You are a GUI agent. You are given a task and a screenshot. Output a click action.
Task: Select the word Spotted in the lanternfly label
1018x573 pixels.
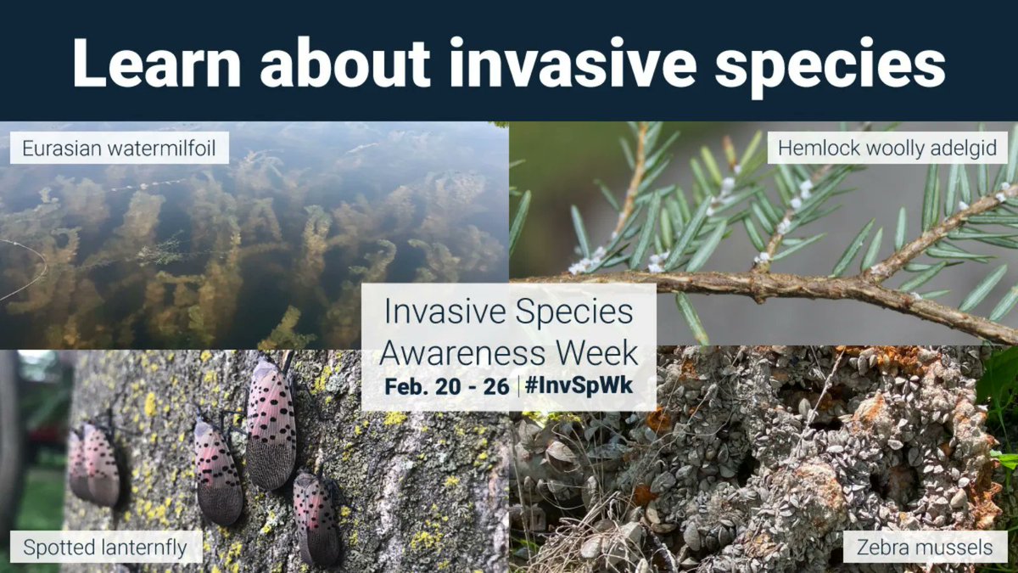click(53, 548)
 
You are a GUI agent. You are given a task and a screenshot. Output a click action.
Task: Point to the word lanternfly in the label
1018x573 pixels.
click(136, 548)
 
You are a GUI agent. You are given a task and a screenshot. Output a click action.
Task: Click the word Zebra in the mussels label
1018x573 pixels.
click(882, 548)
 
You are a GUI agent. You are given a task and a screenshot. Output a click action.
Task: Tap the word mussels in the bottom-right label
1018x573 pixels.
click(952, 548)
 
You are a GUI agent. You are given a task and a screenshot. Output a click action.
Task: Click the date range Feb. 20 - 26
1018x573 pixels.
click(446, 386)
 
